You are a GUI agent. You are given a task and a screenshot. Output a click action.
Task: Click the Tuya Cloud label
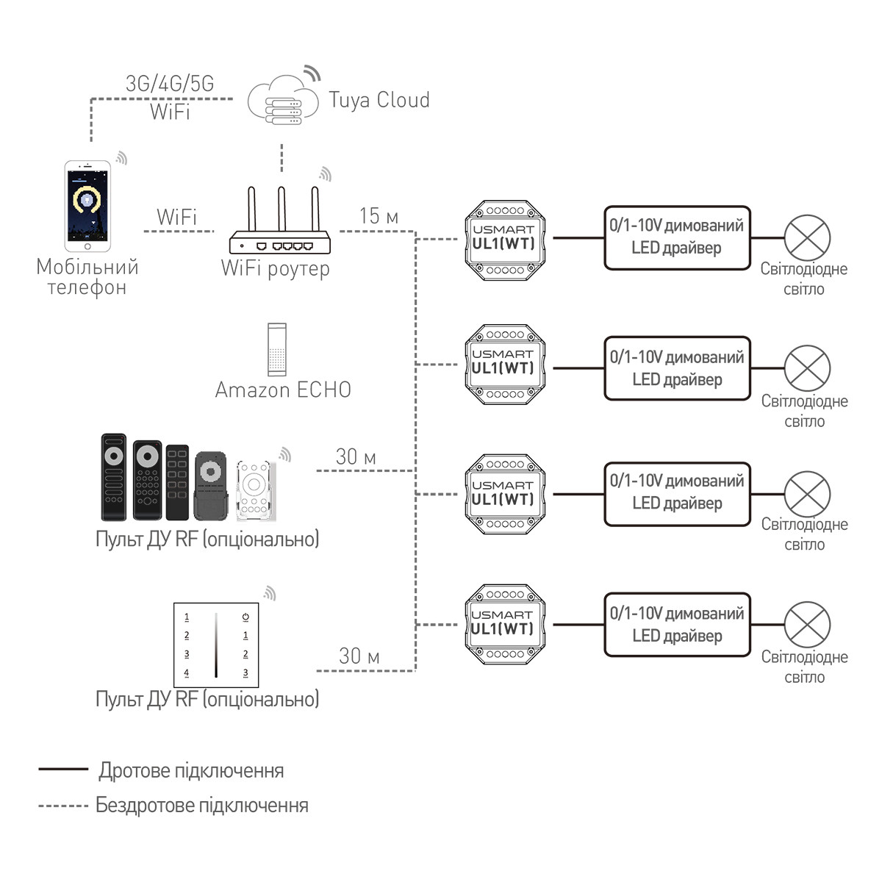click(379, 100)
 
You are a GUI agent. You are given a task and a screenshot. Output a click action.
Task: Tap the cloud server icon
click(282, 100)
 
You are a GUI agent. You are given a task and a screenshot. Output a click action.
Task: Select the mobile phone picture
click(87, 201)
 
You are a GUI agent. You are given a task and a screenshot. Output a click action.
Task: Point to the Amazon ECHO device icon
click(277, 350)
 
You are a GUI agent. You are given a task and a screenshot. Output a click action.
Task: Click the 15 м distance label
click(379, 216)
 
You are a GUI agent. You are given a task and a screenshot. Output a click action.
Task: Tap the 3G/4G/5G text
click(170, 84)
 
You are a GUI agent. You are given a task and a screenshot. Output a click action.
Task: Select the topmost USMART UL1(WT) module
click(505, 240)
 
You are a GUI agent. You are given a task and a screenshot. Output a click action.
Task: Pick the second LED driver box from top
click(677, 368)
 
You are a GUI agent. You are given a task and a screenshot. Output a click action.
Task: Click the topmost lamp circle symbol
click(807, 238)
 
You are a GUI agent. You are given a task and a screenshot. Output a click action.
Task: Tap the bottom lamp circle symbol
click(807, 625)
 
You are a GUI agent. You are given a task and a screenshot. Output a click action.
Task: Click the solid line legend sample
click(63, 770)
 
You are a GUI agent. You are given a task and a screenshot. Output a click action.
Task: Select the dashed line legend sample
click(63, 806)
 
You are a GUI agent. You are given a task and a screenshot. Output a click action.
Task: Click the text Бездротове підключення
click(202, 806)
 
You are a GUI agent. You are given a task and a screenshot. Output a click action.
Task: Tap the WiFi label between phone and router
click(176, 218)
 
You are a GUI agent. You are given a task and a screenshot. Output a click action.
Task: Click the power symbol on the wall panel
click(245, 617)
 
